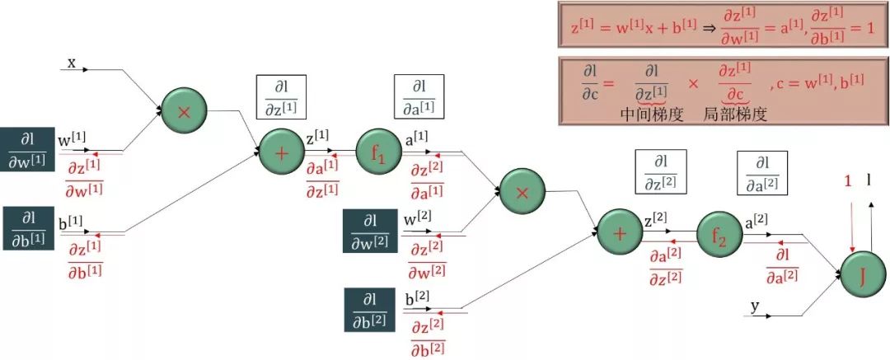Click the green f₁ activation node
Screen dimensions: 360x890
pos(377,152)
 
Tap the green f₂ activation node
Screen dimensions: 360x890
pos(719,235)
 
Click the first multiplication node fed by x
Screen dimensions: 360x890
pos(184,112)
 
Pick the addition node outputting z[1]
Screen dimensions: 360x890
pos(282,152)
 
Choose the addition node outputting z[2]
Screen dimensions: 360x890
pos(620,233)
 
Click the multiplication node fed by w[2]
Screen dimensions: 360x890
pos(522,192)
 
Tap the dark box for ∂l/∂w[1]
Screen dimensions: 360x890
pos(28,149)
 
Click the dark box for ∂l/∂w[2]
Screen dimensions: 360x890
pos(370,231)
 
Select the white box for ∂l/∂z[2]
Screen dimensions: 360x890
pos(660,173)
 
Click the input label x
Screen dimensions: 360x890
pos(72,63)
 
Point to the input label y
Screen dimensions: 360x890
pos(754,306)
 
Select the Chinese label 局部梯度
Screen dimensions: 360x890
pos(735,115)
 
